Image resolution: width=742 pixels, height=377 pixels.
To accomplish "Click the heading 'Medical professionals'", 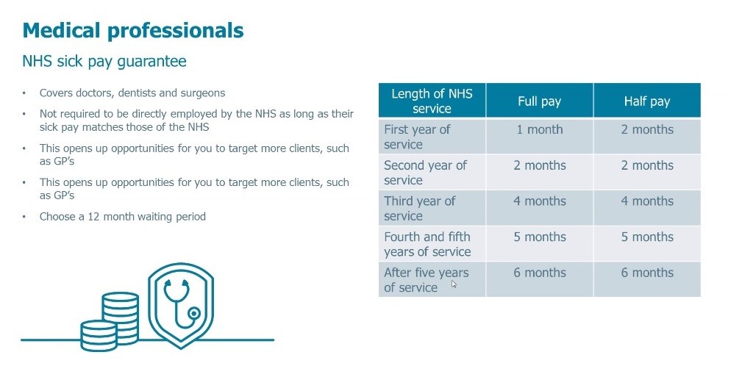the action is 133,31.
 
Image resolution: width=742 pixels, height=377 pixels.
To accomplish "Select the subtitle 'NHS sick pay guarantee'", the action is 104,62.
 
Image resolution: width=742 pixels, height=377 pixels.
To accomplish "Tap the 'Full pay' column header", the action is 540,101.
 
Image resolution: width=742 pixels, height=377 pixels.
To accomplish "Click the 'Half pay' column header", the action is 647,101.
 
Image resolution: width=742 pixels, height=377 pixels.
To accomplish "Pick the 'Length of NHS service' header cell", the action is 432,101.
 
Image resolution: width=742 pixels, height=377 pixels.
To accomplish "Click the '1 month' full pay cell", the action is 540,136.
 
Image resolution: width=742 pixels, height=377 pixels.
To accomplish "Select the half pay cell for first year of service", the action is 647,136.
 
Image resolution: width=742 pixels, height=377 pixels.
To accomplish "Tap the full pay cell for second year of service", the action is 540,172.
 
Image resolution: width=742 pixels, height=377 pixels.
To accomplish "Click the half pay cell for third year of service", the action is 647,208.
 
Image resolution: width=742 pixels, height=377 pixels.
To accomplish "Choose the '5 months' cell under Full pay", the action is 540,243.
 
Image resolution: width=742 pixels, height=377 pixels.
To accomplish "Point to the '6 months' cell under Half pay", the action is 647,279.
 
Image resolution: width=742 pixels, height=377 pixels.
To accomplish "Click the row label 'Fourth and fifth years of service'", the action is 427,244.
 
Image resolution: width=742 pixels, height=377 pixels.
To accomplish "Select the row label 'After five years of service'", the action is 427,280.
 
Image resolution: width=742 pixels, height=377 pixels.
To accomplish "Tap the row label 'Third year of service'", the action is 419,208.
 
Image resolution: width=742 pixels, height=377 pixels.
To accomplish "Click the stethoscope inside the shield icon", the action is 181,304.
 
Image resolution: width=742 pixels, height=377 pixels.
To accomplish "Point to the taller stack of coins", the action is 121,316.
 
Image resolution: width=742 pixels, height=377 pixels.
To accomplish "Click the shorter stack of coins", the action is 99,335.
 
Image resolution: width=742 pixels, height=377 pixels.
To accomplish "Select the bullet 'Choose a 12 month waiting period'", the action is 123,217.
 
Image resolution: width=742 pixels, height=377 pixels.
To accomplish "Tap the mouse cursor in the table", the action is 454,284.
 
